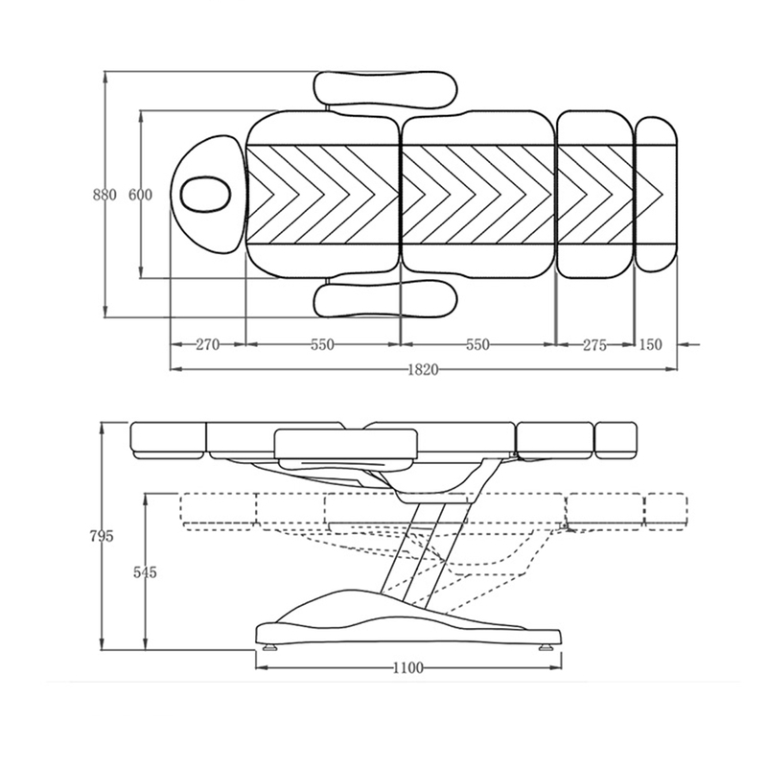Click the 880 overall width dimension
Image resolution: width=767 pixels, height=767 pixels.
(x=105, y=195)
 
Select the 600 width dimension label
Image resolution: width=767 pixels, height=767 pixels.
(x=140, y=195)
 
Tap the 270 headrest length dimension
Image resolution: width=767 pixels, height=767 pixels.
(x=208, y=344)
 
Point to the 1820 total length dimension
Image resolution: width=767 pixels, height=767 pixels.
(x=424, y=370)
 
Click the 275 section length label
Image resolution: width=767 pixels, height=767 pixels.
(x=594, y=345)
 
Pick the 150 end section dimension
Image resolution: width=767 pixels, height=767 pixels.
(x=650, y=344)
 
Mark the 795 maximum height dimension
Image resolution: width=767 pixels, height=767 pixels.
(x=102, y=536)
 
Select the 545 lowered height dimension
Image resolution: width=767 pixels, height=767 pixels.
(x=146, y=571)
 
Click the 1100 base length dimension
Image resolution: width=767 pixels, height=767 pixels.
(x=408, y=667)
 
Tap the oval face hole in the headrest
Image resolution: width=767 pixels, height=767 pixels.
(x=204, y=194)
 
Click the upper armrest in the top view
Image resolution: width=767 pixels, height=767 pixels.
(x=385, y=89)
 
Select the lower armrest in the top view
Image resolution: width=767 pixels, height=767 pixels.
(x=385, y=298)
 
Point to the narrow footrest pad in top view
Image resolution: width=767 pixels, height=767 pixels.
(x=656, y=194)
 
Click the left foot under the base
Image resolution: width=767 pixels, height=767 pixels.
(x=269, y=648)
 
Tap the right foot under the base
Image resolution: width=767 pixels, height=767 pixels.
(x=546, y=648)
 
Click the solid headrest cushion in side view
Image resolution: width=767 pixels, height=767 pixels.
(x=168, y=440)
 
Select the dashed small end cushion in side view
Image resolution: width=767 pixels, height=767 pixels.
(x=666, y=512)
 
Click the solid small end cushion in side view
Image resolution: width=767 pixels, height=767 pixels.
(x=616, y=440)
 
